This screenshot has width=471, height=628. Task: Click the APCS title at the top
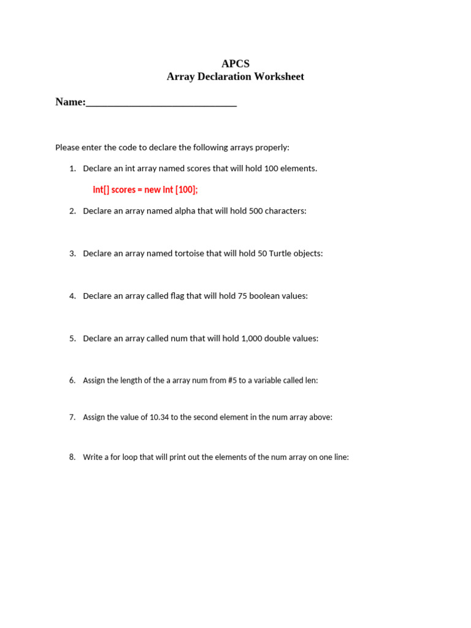coord(235,64)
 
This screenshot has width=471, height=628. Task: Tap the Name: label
coord(71,102)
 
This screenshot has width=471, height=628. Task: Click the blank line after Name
coord(161,103)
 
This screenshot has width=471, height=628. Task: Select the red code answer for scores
coord(145,190)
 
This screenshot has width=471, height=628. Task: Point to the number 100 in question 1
coord(271,168)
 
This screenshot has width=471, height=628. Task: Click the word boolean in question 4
coord(264,296)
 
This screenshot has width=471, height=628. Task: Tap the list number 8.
coord(72,457)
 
